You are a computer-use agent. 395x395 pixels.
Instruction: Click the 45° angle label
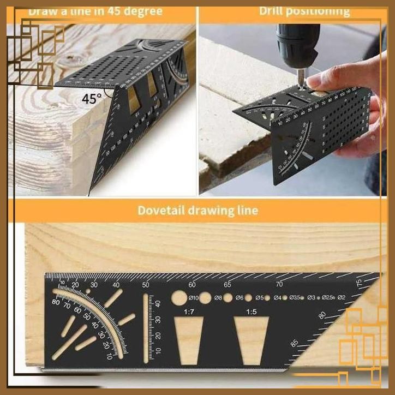(x=92, y=99)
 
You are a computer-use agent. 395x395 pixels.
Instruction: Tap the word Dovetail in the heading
(x=158, y=210)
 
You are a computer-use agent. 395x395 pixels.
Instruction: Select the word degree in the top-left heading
(x=143, y=11)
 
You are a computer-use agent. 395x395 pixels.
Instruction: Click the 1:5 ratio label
(x=251, y=312)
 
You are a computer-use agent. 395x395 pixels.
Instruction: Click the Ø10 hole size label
(x=194, y=298)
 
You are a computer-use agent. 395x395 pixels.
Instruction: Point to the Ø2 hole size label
(x=342, y=297)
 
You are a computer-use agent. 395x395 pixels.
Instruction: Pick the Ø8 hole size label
(x=218, y=298)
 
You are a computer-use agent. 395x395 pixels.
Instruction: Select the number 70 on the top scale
(x=279, y=284)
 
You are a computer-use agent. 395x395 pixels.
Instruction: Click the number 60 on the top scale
(x=191, y=284)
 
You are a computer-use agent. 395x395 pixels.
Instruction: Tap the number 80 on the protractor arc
(x=56, y=302)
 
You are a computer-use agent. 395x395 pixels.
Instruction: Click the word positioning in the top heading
(x=322, y=10)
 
